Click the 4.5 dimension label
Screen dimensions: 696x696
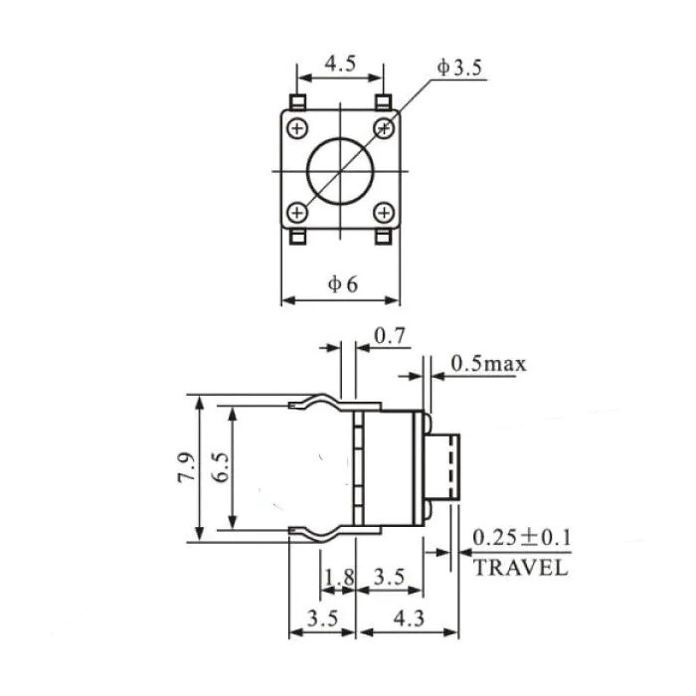coord(340,64)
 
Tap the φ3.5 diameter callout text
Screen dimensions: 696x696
coord(459,68)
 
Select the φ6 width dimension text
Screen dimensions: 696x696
coord(342,284)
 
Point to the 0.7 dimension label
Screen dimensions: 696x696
coord(390,336)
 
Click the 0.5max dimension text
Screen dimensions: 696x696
coord(488,364)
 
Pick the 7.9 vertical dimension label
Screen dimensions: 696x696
coord(187,467)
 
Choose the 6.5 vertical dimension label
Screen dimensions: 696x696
coord(221,467)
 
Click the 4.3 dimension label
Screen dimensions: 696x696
coord(409,618)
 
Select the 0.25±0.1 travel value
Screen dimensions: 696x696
coord(522,538)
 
